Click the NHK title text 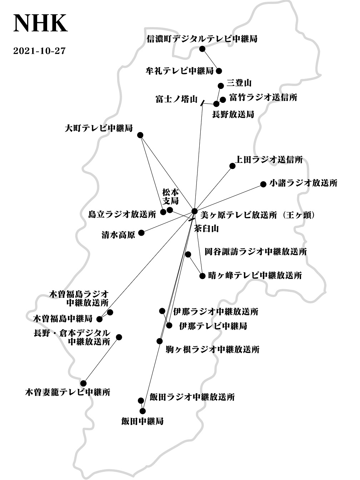click(x=40, y=23)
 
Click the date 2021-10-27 click(x=39, y=51)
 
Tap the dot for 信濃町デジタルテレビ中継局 click(x=202, y=49)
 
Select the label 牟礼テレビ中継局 click(x=180, y=71)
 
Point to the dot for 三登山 click(x=221, y=86)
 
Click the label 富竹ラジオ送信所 click(x=263, y=97)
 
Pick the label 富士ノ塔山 click(x=177, y=99)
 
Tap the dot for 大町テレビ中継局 click(x=140, y=135)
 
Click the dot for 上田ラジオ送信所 click(x=232, y=166)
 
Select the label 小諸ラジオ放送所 click(x=303, y=183)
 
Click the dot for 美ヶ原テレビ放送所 click(x=194, y=211)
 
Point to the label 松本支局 click(x=170, y=196)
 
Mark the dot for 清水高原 click(x=141, y=232)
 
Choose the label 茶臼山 click(x=206, y=229)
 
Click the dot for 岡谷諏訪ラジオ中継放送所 click(x=188, y=254)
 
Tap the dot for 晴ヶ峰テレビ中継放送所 click(x=202, y=276)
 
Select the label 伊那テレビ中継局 click(x=213, y=326)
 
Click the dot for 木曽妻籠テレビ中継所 click(x=83, y=383)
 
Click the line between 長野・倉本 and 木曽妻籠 click(x=101, y=360)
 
